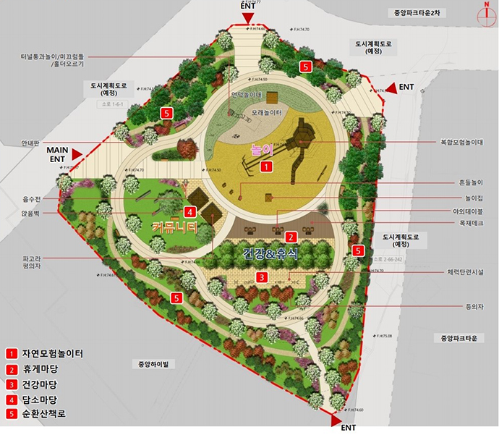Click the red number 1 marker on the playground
tap(266, 166)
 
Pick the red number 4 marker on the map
tap(189, 212)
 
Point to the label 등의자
tap(474, 305)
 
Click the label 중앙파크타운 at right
tap(456, 338)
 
